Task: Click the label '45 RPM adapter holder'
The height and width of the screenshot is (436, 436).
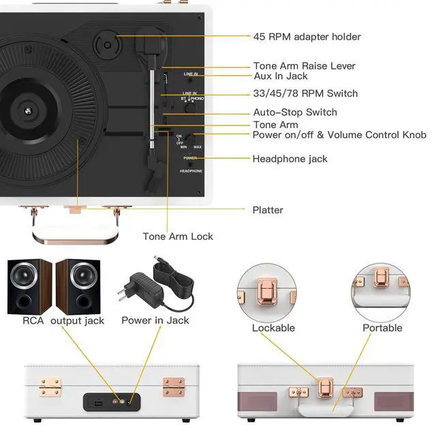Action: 307,37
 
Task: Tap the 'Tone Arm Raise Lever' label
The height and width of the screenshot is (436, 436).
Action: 305,66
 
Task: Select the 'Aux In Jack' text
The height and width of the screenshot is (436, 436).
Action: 280,76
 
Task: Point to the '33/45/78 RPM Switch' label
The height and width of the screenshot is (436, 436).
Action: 305,93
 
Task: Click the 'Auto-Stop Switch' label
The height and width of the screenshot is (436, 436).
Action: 294,112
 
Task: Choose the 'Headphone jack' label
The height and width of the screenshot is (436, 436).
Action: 290,159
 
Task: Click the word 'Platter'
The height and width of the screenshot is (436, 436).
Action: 268,210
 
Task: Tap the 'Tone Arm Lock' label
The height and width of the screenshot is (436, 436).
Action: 178,236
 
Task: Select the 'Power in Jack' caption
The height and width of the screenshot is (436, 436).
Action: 155,320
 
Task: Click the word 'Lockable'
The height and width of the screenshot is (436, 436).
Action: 273,328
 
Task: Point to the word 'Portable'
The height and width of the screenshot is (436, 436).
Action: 382,328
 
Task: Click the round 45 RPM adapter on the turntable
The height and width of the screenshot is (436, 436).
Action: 107,46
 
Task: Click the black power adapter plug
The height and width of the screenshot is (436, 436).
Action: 139,283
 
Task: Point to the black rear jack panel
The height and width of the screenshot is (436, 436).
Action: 112,401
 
